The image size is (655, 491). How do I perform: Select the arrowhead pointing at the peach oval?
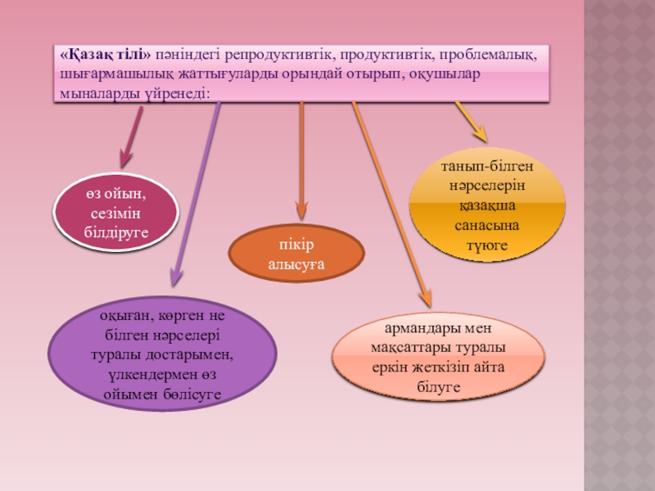[x=425, y=301]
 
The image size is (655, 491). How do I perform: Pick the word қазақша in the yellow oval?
[x=486, y=205]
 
